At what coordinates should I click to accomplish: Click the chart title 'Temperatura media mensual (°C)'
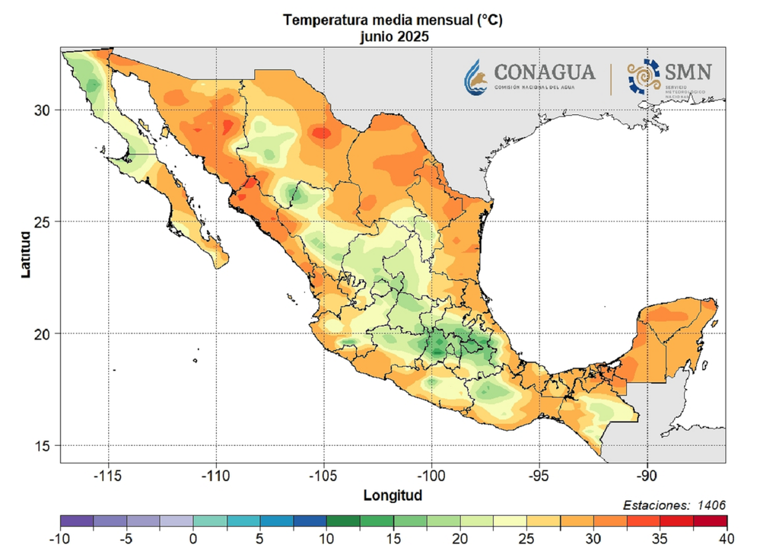[x=393, y=21]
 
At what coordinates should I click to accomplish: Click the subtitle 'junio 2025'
[x=393, y=36]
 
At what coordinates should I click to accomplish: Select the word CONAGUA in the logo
[x=545, y=72]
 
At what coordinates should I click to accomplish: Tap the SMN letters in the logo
[x=688, y=72]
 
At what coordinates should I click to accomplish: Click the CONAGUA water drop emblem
[x=477, y=77]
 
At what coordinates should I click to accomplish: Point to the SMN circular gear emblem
[x=644, y=77]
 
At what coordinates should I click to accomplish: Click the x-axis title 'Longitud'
[x=393, y=495]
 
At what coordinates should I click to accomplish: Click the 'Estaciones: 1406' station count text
[x=674, y=505]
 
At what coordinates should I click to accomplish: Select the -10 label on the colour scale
[x=59, y=539]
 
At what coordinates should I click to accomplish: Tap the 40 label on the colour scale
[x=727, y=539]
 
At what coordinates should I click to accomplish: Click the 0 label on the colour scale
[x=193, y=539]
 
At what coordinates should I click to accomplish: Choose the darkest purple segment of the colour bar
[x=76, y=521]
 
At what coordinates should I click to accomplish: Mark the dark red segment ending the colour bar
[x=710, y=521]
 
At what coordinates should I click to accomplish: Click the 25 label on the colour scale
[x=526, y=539]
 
